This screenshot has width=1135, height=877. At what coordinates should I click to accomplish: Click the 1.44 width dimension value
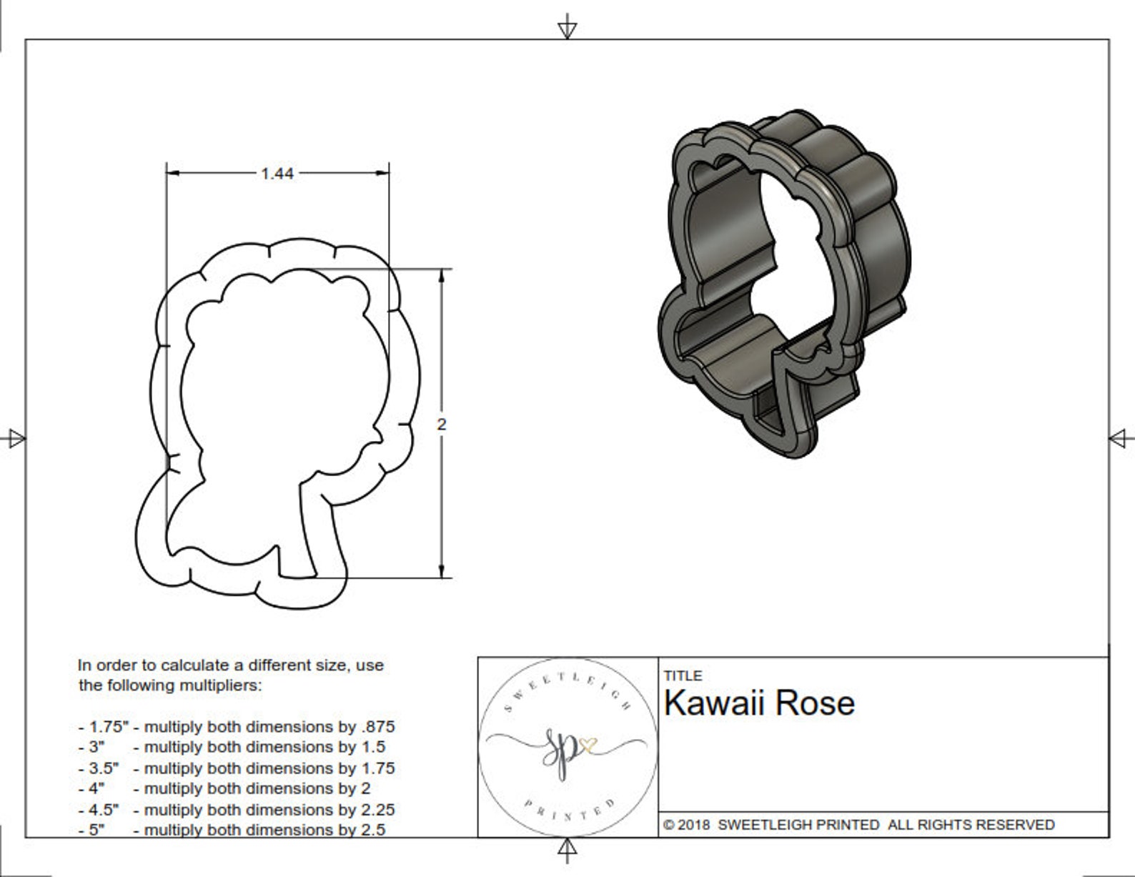click(277, 174)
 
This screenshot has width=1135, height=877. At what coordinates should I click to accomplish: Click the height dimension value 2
click(442, 425)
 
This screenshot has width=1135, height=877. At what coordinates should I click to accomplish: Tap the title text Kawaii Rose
click(759, 703)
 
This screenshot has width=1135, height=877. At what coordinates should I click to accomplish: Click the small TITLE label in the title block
click(683, 675)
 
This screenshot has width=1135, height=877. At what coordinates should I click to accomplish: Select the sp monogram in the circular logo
click(565, 750)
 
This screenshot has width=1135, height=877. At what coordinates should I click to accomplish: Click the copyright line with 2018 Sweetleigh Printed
click(858, 825)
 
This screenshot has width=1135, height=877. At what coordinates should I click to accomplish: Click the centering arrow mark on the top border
click(567, 29)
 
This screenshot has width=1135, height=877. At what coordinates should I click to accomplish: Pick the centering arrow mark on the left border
click(14, 438)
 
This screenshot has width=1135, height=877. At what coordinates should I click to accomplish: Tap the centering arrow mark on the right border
click(1121, 438)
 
